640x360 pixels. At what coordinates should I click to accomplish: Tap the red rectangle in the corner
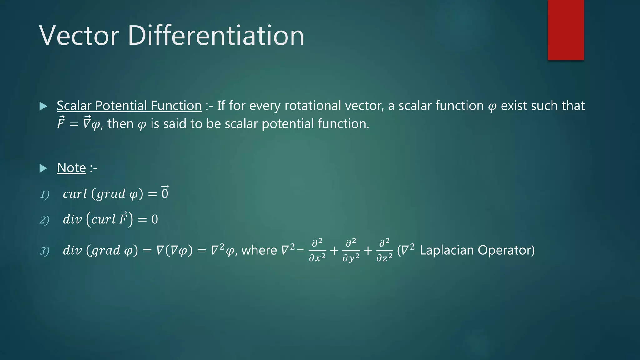click(566, 30)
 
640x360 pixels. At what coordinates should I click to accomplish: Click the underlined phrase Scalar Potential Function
click(129, 106)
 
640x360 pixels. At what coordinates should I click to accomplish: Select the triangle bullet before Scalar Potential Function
click(43, 106)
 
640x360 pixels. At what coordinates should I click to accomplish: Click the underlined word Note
click(71, 168)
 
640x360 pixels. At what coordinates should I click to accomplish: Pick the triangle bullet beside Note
click(43, 168)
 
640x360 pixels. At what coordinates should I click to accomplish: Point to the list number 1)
click(45, 195)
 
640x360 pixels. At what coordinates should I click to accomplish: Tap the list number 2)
click(45, 220)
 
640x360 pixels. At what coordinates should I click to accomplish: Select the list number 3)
click(45, 251)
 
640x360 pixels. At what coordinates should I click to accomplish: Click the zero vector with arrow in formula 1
click(165, 193)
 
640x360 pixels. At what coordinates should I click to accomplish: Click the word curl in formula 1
click(75, 194)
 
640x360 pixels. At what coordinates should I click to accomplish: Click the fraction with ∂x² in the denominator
click(317, 250)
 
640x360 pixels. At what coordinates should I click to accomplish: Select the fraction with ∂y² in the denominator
click(351, 250)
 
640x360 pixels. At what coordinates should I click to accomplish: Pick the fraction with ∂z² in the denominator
click(384, 250)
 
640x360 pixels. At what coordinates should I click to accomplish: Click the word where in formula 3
click(259, 250)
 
